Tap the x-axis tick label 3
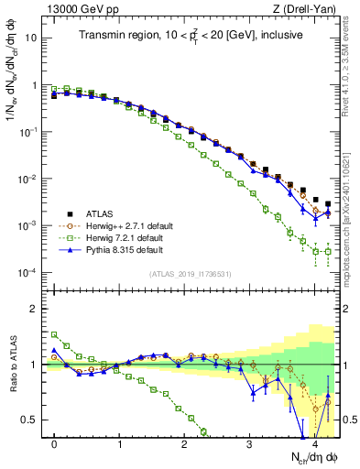pos(250,443)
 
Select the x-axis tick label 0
pos(55,443)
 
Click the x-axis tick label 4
pos(315,443)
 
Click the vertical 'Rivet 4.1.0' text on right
pos(351,64)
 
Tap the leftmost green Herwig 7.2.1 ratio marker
pos(55,334)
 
